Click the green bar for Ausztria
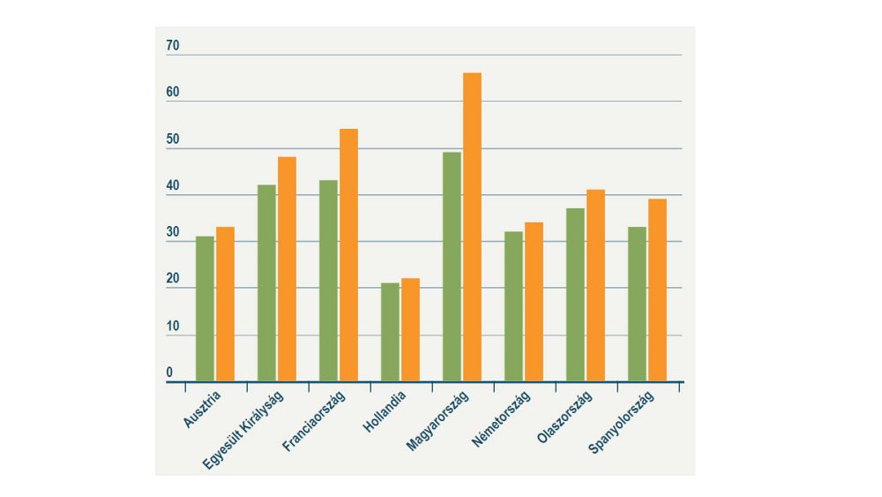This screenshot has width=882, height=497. click(205, 309)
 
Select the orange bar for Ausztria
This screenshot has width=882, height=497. click(225, 305)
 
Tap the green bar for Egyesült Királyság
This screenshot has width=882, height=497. click(266, 282)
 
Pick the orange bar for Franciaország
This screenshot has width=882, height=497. click(348, 255)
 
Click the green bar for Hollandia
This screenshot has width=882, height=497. click(390, 332)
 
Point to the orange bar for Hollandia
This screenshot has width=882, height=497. click(410, 330)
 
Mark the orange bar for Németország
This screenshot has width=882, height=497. click(534, 302)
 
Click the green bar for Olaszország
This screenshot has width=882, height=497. click(575, 295)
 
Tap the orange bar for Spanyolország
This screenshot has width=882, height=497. click(657, 290)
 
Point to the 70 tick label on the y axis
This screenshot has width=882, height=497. click(172, 46)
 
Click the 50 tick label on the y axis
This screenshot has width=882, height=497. click(172, 139)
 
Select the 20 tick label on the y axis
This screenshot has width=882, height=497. click(172, 280)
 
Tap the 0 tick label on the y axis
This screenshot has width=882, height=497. click(169, 373)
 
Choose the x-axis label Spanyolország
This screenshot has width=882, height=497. click(622, 421)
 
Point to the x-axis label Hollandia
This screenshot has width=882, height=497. click(385, 411)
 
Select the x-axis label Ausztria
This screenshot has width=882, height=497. click(202, 410)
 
